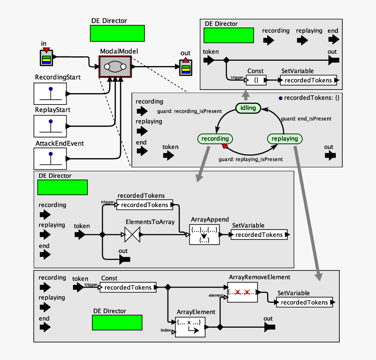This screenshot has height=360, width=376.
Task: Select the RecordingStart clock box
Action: (50, 93)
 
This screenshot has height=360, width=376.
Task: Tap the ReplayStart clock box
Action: (50, 125)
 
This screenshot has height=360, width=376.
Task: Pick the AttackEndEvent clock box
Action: (50, 158)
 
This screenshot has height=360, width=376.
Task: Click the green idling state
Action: (248, 108)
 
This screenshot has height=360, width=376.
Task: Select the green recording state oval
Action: (215, 138)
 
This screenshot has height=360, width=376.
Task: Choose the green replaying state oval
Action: (285, 138)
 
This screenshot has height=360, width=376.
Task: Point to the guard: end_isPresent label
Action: (306, 118)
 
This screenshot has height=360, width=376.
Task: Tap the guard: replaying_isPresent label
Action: (251, 159)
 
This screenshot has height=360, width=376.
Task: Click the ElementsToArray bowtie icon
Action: (132, 235)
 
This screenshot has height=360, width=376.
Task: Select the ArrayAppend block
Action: (204, 235)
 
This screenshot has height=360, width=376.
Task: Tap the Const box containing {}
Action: (256, 80)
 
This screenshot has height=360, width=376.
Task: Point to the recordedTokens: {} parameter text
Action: (309, 98)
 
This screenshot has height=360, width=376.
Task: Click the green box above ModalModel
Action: (117, 33)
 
